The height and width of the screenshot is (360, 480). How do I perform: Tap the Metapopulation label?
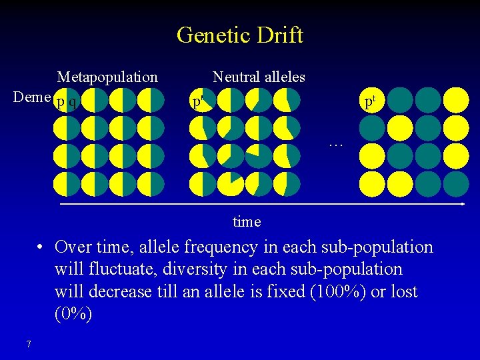tap(107, 77)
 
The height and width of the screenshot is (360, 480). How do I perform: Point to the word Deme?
tap(32, 97)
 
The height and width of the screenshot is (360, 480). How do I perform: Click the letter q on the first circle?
tap(72, 102)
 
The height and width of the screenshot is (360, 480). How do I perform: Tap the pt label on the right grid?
tap(369, 101)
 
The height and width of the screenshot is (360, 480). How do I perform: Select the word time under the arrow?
tap(247, 221)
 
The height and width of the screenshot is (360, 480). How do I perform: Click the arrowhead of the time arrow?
tap(461, 203)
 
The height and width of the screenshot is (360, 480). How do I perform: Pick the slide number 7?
tap(28, 344)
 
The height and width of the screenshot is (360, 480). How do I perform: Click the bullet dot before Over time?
tap(41, 247)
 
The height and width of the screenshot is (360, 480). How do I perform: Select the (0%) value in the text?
tap(73, 313)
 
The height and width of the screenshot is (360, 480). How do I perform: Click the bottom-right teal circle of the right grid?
tap(456, 183)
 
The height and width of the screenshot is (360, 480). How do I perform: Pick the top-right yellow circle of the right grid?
tap(456, 99)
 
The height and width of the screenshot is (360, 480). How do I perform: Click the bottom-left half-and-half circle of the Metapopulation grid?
tap(67, 183)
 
